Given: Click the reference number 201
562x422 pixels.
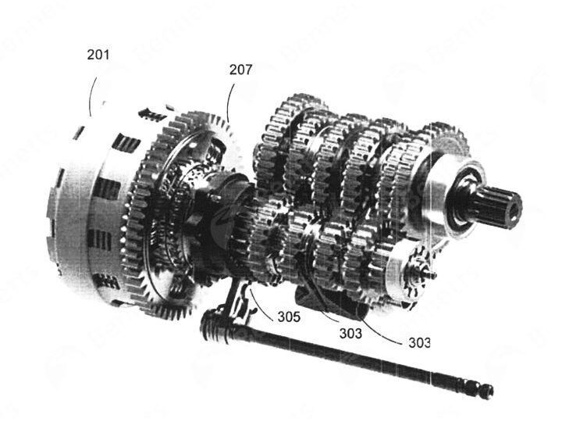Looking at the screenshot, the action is tap(98, 55).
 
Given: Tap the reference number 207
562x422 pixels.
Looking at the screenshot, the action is tap(241, 70).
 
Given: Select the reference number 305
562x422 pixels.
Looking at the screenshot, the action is tap(289, 316).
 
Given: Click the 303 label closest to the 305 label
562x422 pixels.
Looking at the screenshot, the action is tap(350, 334).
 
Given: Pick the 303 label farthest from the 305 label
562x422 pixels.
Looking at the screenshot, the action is tap(419, 343).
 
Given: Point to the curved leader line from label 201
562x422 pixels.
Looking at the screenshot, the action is tap(91, 96).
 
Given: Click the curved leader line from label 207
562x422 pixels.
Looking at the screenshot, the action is tap(229, 102).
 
